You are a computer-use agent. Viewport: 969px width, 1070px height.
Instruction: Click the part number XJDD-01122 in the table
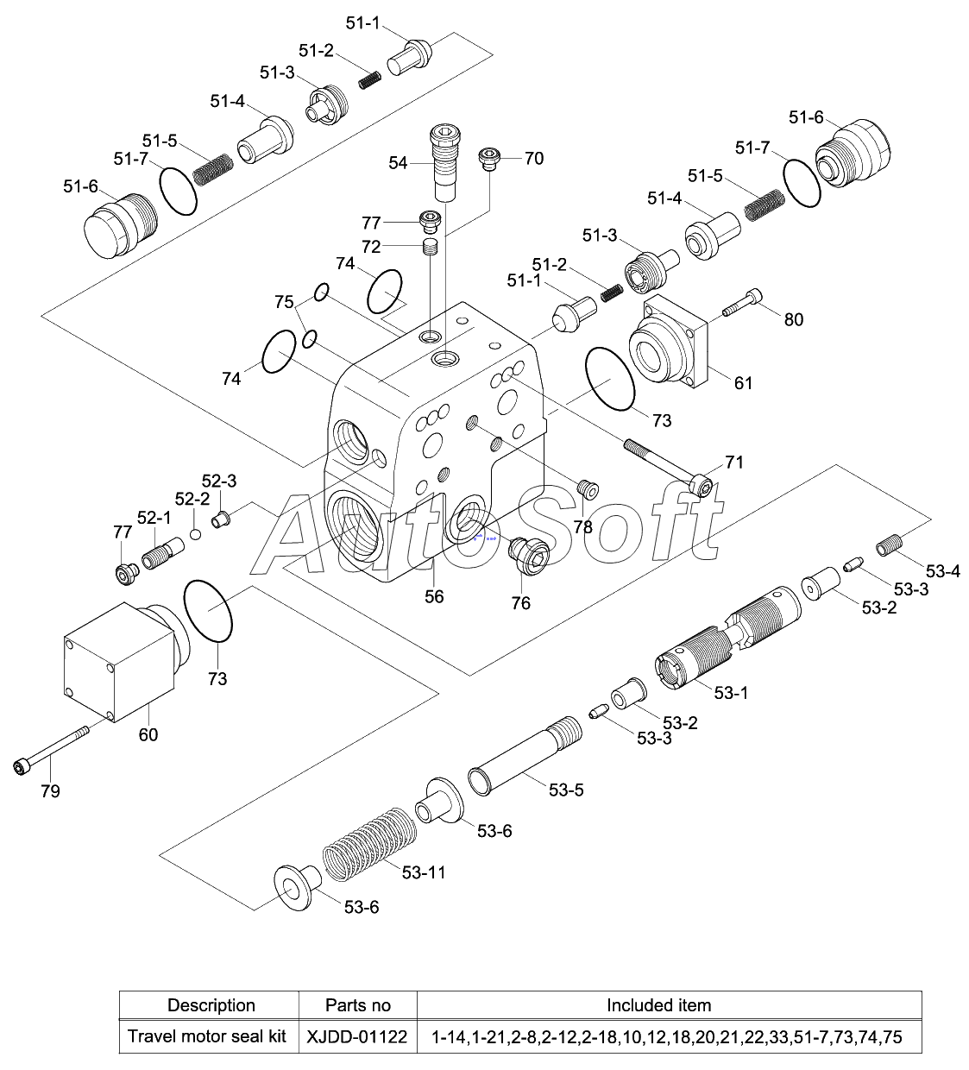click(357, 1037)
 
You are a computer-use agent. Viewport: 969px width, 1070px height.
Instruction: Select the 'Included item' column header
click(659, 1005)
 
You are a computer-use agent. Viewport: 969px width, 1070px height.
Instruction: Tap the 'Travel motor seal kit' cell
click(207, 1036)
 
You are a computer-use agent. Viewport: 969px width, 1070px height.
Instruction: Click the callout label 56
click(434, 596)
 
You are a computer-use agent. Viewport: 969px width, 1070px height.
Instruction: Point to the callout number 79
click(50, 791)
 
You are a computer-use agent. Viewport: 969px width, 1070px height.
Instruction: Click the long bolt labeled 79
click(50, 750)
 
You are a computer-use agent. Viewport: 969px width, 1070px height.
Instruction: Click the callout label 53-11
click(424, 872)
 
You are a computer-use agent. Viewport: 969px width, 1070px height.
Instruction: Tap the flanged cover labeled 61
click(669, 342)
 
